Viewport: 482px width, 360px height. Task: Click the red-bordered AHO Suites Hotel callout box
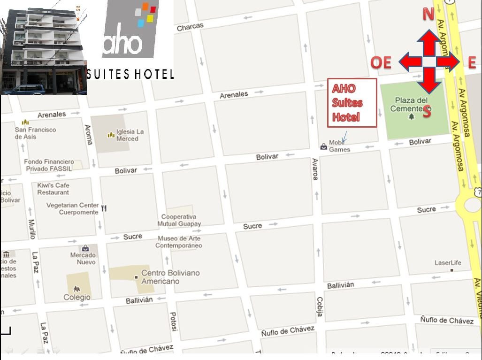[352, 103]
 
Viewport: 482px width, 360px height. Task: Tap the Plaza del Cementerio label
[411, 104]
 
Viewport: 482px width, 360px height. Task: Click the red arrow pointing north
[428, 44]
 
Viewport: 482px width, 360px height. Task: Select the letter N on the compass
[428, 15]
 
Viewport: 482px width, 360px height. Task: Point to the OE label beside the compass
[381, 62]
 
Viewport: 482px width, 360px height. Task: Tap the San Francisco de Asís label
[35, 133]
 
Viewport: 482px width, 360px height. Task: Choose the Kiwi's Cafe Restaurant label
[53, 189]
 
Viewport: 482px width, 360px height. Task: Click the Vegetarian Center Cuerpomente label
[73, 208]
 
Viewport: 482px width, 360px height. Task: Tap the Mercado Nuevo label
[83, 258]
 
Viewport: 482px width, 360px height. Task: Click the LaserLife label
[448, 262]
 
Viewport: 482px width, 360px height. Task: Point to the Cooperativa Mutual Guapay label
[181, 220]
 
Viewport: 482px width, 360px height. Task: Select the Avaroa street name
[315, 169]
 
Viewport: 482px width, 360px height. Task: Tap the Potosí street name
[173, 322]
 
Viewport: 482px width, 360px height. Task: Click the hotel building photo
[44, 47]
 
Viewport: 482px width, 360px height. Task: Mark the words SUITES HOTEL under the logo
[130, 74]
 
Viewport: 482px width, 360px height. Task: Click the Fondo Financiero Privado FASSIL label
[49, 165]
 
